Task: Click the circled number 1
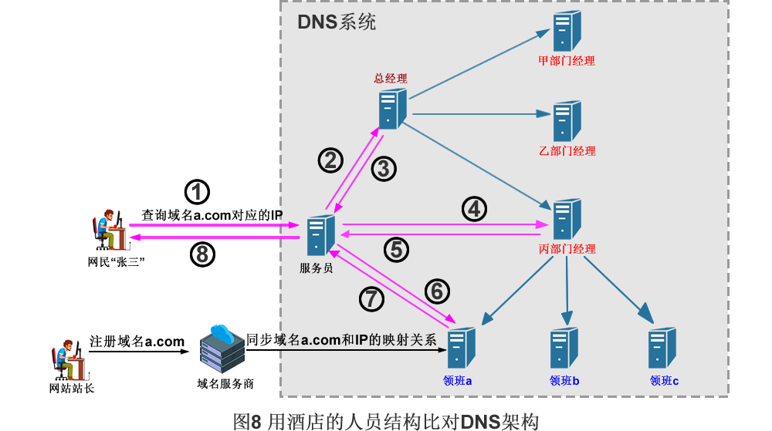(198, 192)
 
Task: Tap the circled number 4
(475, 208)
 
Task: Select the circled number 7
(372, 298)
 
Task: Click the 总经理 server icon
(392, 109)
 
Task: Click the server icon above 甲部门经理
(567, 31)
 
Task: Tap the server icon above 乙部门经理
(567, 120)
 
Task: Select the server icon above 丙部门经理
(567, 219)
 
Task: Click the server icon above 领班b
(564, 348)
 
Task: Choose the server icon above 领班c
(663, 348)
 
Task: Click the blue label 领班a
(458, 380)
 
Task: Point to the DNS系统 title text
(337, 22)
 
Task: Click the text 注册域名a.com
(137, 342)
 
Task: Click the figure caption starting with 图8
(385, 419)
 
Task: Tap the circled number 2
(330, 160)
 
